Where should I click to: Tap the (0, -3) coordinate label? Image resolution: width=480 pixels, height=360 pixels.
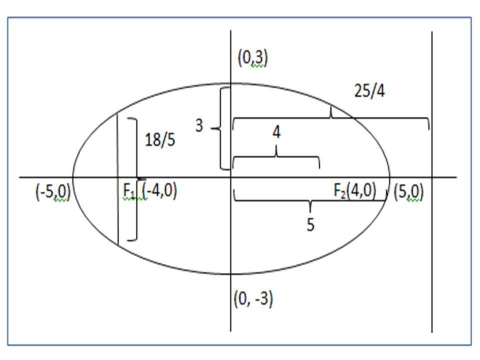[x=253, y=299]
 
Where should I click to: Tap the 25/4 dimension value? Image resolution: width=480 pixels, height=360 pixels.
[x=368, y=92]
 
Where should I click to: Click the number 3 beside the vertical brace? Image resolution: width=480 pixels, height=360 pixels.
[x=199, y=126]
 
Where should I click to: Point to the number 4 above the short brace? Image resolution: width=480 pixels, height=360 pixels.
[x=276, y=133]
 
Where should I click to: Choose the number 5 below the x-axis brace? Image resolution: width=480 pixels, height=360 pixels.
[x=310, y=225]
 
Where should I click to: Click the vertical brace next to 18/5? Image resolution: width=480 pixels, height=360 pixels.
[x=134, y=179]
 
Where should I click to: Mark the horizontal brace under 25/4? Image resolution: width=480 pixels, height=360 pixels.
[x=330, y=118]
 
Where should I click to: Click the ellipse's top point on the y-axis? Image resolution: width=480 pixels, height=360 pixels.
[x=230, y=83]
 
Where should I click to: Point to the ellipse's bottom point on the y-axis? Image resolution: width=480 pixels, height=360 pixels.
[x=230, y=274]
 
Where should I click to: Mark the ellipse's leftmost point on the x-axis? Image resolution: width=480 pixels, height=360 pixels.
[x=73, y=177]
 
